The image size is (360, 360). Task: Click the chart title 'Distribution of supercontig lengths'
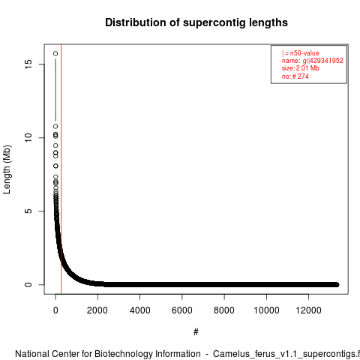click(196, 22)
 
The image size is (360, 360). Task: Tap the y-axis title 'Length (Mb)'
click(7, 169)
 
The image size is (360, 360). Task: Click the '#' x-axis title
click(196, 332)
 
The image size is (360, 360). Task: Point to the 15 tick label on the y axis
click(28, 64)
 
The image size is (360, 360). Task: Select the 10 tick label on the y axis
click(28, 137)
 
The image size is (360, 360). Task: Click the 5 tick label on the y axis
click(28, 211)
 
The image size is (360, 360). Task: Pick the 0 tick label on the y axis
click(28, 284)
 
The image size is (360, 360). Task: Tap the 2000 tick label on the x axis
click(97, 310)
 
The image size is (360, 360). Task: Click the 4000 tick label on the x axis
click(139, 310)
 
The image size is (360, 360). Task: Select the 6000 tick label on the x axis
click(182, 310)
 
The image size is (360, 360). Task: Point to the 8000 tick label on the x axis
click(224, 310)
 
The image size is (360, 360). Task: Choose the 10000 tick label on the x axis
click(266, 310)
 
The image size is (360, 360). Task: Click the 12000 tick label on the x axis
click(309, 310)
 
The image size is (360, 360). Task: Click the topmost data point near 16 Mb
click(55, 53)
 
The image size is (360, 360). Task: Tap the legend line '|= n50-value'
click(301, 53)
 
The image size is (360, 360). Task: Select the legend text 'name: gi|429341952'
click(313, 61)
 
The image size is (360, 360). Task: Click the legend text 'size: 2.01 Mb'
click(301, 68)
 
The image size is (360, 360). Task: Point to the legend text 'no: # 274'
click(295, 76)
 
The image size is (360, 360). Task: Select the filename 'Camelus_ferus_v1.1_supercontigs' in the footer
click(283, 355)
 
